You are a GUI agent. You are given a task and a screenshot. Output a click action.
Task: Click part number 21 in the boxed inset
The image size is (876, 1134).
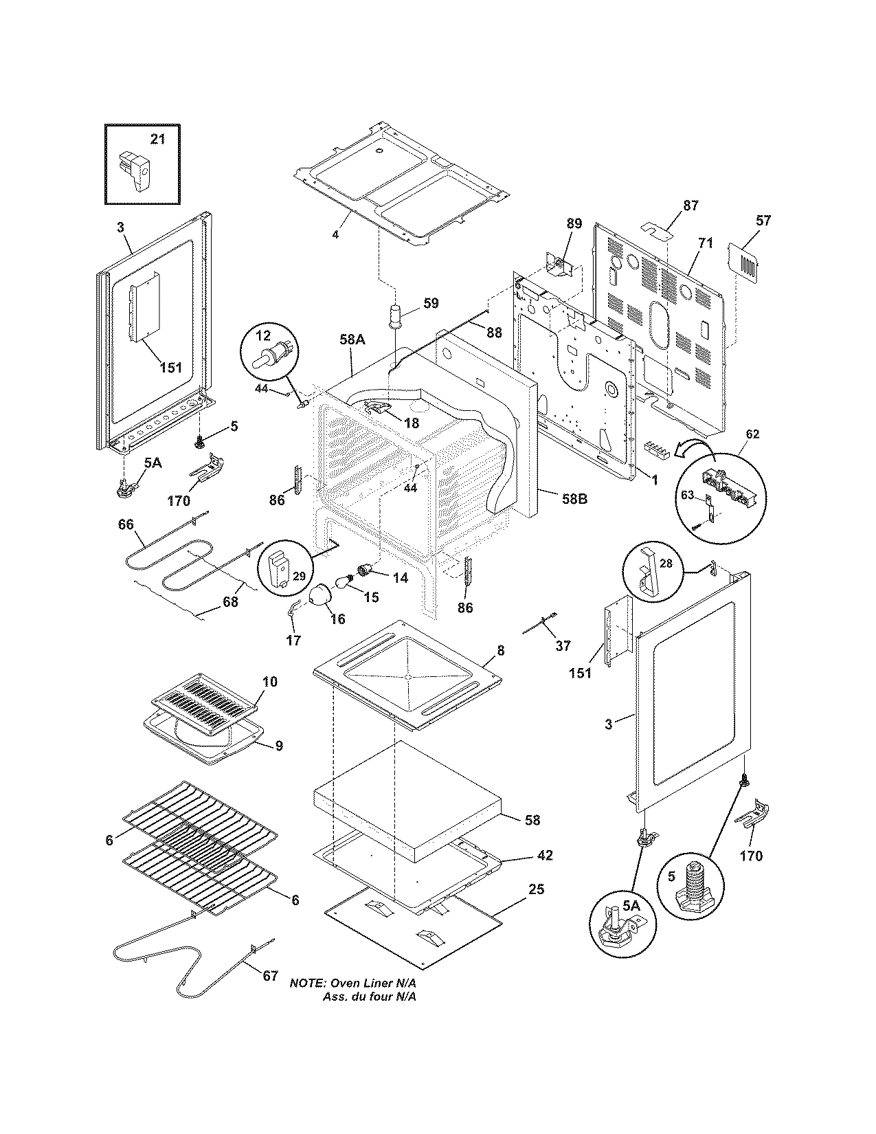[157, 140]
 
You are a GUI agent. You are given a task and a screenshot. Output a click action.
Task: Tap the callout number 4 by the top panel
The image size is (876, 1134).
[335, 234]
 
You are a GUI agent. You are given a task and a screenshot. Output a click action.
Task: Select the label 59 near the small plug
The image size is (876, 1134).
[431, 303]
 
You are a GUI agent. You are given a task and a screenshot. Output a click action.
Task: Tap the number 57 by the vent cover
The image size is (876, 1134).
[763, 221]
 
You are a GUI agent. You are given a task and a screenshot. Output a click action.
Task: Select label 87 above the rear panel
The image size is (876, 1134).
[690, 205]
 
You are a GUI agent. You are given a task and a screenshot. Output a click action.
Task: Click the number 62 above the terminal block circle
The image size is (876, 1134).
[752, 434]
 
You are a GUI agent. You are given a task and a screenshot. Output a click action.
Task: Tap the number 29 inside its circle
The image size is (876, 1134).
[300, 576]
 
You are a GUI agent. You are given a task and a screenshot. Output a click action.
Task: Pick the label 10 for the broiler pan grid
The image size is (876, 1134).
[269, 681]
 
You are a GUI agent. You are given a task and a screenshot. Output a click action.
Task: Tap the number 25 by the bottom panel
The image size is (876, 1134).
[536, 890]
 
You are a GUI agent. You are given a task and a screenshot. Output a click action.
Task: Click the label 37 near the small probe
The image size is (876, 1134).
[563, 645]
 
